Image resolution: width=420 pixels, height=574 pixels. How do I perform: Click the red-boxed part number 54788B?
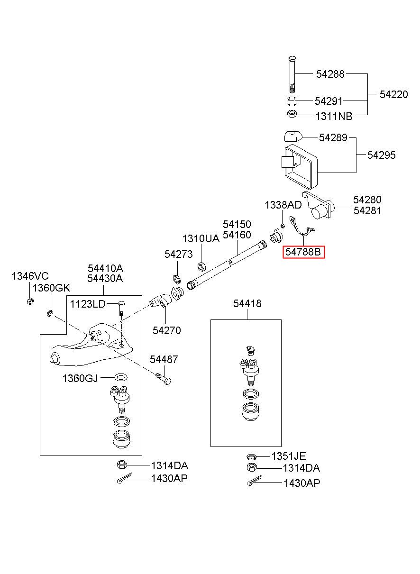tap(303, 252)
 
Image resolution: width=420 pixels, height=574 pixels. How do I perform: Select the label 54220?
tap(393, 94)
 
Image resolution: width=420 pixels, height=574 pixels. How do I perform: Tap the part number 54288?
tap(330, 74)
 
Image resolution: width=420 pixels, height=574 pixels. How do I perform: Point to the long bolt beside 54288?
tap(292, 74)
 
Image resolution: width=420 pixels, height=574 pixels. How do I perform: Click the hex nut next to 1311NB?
tap(292, 113)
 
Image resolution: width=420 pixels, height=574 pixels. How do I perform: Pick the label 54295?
tap(381, 155)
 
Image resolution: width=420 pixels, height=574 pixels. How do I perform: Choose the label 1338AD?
tap(283, 205)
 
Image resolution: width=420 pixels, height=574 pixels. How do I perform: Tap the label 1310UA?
tap(201, 238)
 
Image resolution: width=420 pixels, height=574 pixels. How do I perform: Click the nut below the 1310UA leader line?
tap(201, 266)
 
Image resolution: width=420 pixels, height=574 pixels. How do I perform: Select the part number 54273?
tap(178, 254)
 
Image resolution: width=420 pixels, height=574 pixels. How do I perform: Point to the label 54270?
tap(166, 330)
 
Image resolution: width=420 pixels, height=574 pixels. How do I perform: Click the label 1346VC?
tap(30, 276)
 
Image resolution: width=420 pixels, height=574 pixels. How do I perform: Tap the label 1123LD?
tap(88, 304)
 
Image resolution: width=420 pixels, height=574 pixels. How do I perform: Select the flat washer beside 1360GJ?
tap(121, 377)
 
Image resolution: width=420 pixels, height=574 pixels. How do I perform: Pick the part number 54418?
tap(247, 304)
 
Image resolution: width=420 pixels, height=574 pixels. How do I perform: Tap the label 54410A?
tap(105, 268)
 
